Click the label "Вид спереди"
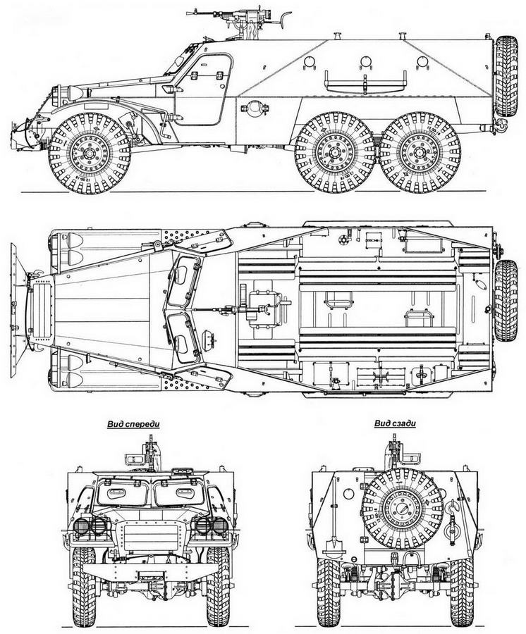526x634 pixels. coord(133,425)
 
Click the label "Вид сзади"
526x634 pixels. coord(394,425)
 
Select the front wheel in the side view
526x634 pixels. coord(88,151)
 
